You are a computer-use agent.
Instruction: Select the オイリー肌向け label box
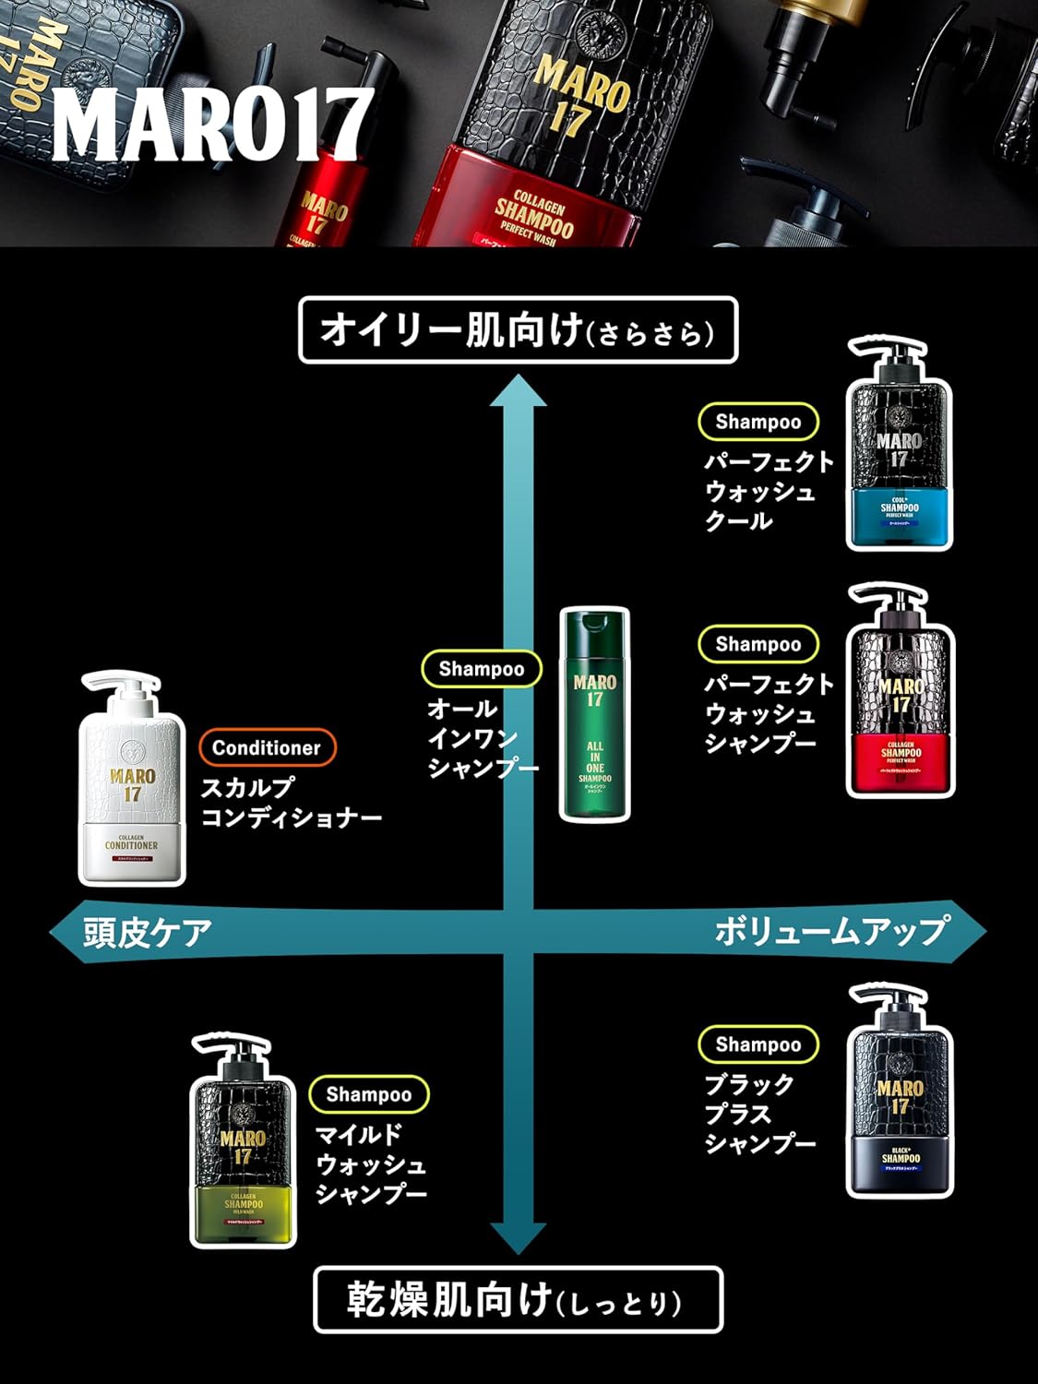pos(519,330)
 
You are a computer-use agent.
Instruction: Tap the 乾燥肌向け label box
pos(518,1300)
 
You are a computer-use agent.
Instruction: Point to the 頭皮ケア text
pos(148,932)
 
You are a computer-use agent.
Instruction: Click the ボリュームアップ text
pos(830,931)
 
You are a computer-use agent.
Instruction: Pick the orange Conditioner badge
pos(267,747)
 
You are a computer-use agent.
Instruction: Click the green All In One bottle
pos(595,715)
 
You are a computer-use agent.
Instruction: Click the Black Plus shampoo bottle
pos(900,1093)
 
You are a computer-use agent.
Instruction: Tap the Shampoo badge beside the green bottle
pos(481,669)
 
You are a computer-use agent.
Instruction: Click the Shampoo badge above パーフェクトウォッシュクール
pos(758,422)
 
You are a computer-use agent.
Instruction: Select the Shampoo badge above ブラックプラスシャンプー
pos(758,1044)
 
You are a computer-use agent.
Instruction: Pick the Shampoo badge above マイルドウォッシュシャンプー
pos(368,1094)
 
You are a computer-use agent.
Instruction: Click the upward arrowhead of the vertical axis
pos(518,392)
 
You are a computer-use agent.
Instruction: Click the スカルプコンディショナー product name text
pos(291,803)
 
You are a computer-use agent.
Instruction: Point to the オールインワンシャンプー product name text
pos(481,738)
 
